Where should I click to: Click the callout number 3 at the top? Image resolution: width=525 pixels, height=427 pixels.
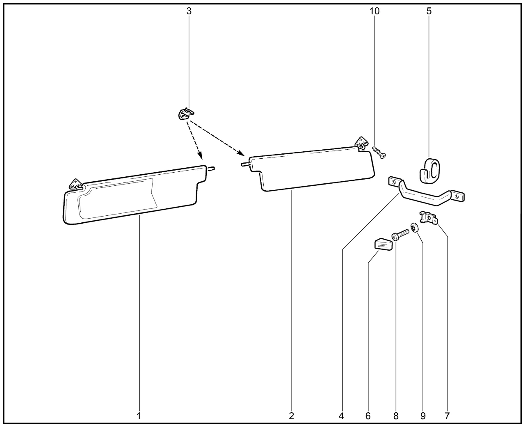(189, 11)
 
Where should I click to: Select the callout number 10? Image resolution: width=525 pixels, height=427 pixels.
(374, 11)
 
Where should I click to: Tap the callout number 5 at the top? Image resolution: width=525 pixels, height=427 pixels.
(429, 11)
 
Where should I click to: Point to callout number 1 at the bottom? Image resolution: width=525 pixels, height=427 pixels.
(139, 416)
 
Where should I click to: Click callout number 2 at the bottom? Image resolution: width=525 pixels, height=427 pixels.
(291, 416)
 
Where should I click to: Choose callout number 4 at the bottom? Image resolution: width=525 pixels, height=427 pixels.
(341, 416)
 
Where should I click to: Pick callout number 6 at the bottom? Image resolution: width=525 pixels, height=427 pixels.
(368, 416)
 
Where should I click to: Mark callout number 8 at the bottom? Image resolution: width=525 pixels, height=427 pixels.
(396, 416)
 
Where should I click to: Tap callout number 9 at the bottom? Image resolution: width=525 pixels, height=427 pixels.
(423, 416)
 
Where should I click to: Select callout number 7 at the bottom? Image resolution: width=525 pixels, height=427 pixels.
(447, 416)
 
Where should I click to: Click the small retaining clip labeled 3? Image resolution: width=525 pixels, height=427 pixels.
(186, 114)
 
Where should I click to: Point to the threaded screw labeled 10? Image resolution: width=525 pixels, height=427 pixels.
(379, 152)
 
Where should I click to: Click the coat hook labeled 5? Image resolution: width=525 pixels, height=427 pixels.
(429, 171)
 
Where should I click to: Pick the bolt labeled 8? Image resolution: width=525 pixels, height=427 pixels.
(400, 235)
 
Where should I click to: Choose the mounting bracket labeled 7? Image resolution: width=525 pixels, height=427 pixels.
(429, 217)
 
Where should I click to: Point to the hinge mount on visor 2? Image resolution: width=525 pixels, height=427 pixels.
(361, 143)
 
